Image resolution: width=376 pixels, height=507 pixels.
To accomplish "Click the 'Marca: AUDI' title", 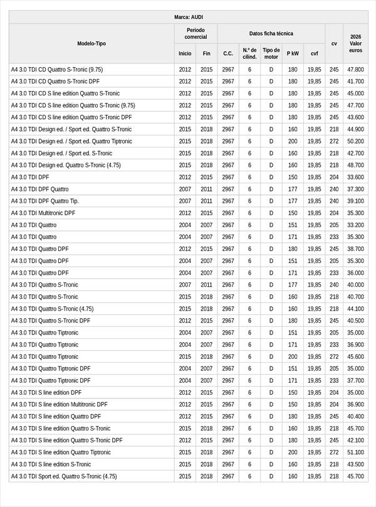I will [188, 17].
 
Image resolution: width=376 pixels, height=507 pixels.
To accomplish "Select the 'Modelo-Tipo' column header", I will [91, 43].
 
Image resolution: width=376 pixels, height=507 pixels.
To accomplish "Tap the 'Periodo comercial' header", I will [196, 33].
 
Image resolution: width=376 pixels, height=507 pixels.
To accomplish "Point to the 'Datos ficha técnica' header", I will [271, 33].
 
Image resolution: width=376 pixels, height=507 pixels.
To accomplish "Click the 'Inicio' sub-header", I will [185, 53].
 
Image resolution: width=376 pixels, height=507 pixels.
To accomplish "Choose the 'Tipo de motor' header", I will [271, 53].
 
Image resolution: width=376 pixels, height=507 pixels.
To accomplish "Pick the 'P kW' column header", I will [293, 53].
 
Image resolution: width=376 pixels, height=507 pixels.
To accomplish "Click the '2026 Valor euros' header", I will [355, 43].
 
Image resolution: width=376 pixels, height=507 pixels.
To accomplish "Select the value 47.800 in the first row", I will [355, 69].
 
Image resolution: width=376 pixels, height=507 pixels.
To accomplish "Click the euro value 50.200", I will [355, 141].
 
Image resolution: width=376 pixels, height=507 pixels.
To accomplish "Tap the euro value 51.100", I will [355, 452].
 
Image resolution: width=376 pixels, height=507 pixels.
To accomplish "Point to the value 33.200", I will [355, 225].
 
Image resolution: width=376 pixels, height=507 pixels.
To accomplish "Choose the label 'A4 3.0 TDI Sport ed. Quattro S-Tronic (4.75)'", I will [65, 476].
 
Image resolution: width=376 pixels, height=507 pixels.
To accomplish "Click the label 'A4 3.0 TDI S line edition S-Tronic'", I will [51, 464].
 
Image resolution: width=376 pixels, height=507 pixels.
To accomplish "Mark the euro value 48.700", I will [355, 165].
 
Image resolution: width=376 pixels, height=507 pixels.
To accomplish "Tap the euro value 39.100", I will [355, 201].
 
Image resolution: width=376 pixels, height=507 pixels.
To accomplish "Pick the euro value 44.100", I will [355, 309].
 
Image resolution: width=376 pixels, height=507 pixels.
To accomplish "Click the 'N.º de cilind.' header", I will [249, 53].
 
